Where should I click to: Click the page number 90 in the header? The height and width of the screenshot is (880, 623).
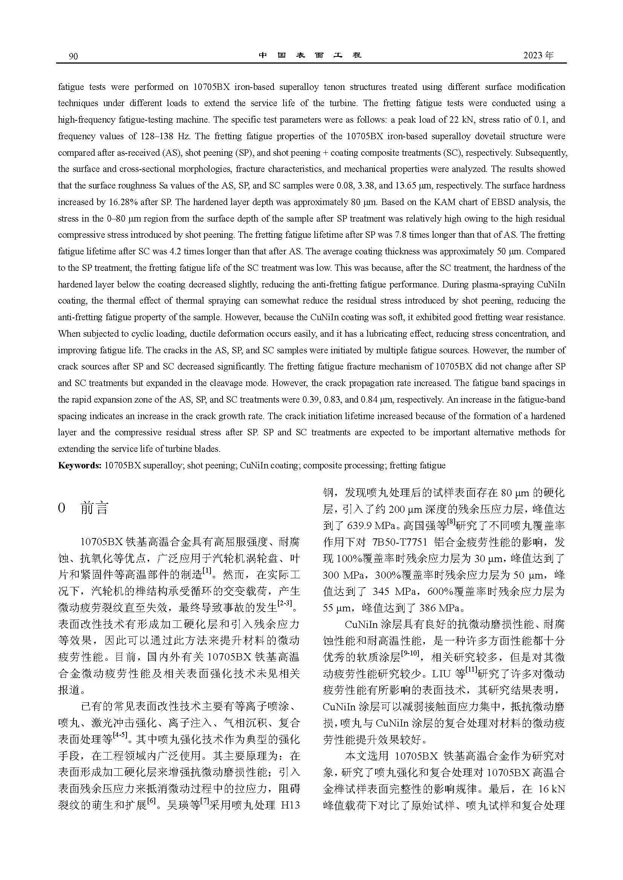pyautogui.click(x=73, y=56)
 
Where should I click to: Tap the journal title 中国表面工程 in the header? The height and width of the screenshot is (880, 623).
pyautogui.click(x=310, y=55)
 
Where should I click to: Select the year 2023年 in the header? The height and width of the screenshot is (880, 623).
pyautogui.click(x=539, y=55)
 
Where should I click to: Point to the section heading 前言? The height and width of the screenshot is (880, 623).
pyautogui.click(x=95, y=508)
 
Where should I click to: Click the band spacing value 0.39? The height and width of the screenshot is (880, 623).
pyautogui.click(x=310, y=400)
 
